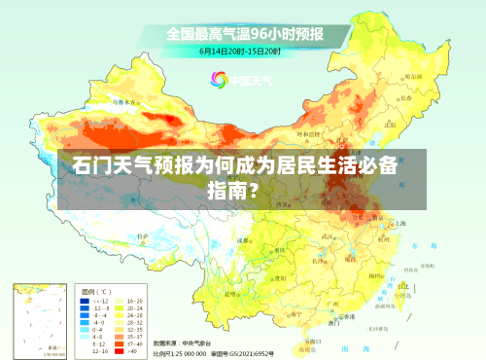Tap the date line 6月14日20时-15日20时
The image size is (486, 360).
(241, 51)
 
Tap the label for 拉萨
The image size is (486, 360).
(143, 235)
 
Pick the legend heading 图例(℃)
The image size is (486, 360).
(96, 291)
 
